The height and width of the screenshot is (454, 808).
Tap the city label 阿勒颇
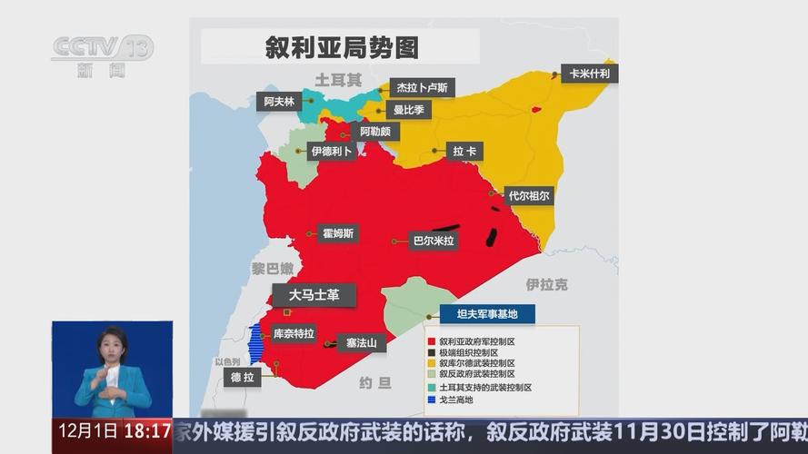[374, 132]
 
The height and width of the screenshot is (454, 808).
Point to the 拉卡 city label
[466, 151]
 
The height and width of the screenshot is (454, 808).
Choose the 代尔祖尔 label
[529, 195]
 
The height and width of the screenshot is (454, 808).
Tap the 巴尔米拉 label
[433, 241]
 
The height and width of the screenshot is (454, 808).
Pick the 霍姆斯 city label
[339, 233]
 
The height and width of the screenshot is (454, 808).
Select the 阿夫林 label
[279, 102]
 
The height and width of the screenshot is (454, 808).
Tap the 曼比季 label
[408, 110]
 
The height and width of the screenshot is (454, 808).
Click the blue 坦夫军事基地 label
[487, 314]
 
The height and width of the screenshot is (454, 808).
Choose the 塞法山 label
[362, 343]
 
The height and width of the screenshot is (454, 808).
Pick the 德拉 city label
[242, 378]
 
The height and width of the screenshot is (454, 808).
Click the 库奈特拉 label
[294, 333]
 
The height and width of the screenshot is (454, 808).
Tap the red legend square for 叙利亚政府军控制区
[431, 341]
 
